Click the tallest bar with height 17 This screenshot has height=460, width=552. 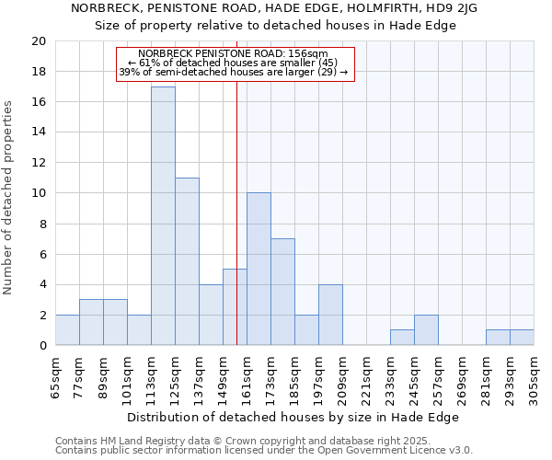[163, 216]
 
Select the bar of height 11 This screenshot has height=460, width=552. [187, 261]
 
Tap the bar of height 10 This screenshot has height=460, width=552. [259, 269]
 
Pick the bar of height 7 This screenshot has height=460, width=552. [282, 292]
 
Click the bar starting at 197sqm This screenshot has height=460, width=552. [330, 315]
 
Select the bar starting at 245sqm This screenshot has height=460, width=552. [426, 330]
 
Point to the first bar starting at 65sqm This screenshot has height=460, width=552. [67, 330]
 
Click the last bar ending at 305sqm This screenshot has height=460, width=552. [522, 338]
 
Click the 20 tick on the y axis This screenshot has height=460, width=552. [39, 41]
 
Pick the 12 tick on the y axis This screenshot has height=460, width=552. [39, 163]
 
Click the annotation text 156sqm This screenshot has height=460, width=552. [309, 54]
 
